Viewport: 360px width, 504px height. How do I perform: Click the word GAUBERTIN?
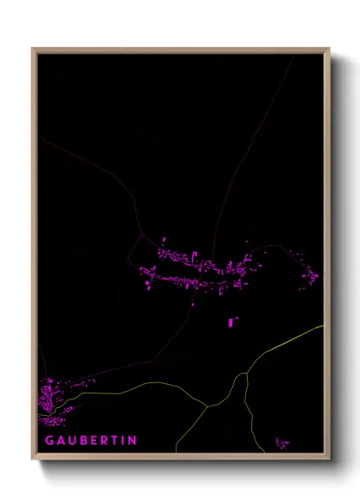coord(90,440)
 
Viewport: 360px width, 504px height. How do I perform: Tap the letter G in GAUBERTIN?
coord(50,440)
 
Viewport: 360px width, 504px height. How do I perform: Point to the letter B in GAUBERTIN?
coord(81,440)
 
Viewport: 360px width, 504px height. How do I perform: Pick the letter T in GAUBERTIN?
coord(112,440)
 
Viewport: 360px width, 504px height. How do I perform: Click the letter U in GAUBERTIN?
coord(70,440)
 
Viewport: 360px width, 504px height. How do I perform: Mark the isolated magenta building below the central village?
coord(231,322)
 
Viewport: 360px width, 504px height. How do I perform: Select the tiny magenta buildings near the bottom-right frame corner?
coord(282,442)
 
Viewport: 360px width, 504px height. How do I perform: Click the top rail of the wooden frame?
coord(180,50)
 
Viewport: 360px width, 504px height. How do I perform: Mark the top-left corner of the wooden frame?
coord(34,50)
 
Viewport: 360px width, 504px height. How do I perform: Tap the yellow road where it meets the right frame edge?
coord(321,327)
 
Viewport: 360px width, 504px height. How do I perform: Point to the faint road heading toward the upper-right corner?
coord(257,129)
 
